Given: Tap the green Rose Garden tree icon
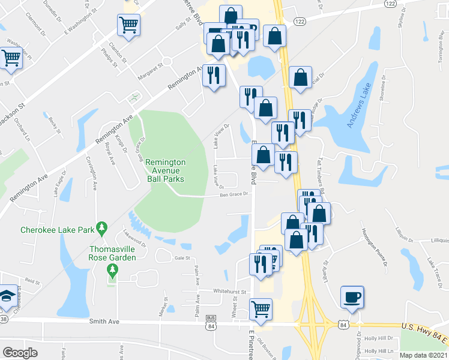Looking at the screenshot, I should pos(112,270).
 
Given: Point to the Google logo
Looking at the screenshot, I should pos(20,352).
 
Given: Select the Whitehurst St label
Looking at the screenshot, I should pos(230,292).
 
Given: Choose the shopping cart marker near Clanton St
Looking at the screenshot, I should pos(128,25).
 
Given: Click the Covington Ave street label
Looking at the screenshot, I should pos(94,173).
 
